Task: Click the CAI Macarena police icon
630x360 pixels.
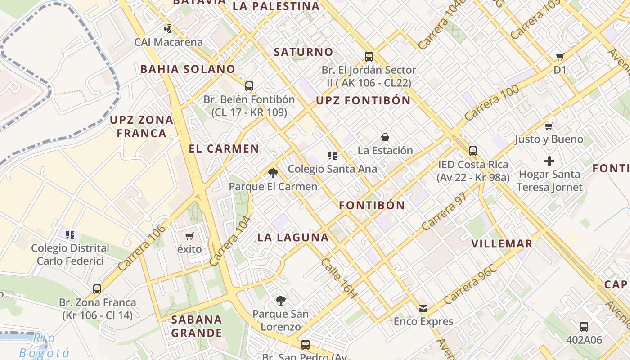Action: coord(168,29)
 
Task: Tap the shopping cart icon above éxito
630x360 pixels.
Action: coord(189,236)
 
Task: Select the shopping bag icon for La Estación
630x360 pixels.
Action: coord(385,137)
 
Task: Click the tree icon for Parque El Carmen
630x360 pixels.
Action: coord(273,173)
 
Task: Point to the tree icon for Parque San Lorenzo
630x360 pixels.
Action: coord(280,300)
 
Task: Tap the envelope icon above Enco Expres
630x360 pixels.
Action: coord(423,308)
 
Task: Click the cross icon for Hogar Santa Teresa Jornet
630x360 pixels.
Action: coord(549,161)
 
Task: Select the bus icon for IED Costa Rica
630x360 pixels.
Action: coord(472,151)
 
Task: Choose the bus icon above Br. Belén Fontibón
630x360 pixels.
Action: coord(249,86)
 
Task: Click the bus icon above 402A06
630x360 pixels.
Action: coord(584,326)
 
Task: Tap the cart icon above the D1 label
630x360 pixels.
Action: coord(560,57)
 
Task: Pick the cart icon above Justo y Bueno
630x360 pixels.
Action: coord(549,126)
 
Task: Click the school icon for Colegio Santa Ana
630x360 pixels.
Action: coord(333,156)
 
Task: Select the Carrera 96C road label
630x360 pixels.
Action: coord(471,284)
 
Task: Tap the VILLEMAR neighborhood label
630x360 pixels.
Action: coord(502,244)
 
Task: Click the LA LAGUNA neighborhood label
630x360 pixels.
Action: coord(293,238)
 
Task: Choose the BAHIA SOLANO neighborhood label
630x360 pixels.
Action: coord(188,69)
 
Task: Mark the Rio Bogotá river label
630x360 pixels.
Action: coord(45,346)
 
